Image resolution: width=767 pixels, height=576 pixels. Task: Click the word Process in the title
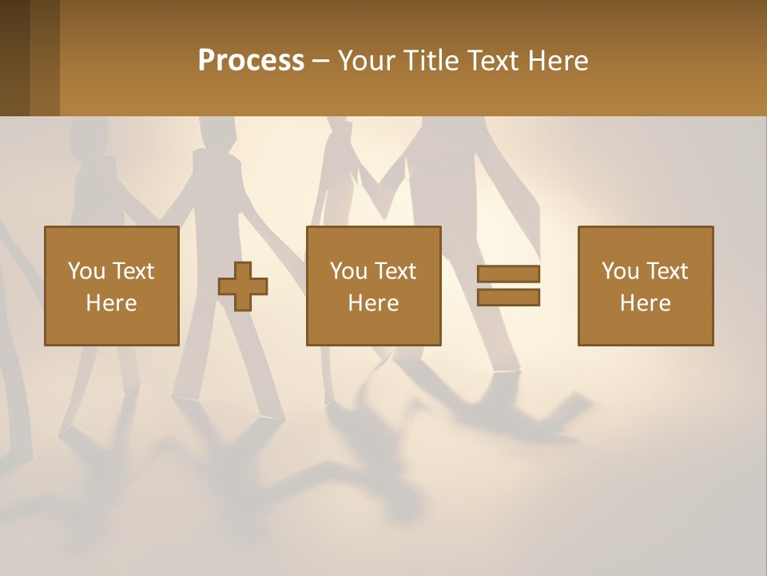coord(251,61)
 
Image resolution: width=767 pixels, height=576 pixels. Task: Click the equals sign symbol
coord(508,286)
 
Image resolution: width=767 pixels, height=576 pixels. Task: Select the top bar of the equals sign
coord(508,274)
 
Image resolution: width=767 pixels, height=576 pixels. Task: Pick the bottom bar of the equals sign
coord(508,298)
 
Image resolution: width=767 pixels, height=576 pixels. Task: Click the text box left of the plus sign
coord(111,286)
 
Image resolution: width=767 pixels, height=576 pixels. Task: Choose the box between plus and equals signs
coord(373,286)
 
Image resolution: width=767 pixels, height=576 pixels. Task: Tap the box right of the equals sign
coord(645,286)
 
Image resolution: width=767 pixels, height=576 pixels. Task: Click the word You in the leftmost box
coord(85,271)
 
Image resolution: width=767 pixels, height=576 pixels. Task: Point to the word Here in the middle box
coord(373,303)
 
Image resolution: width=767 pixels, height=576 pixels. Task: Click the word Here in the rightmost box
coord(645,303)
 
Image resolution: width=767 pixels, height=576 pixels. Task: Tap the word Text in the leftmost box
coord(133,271)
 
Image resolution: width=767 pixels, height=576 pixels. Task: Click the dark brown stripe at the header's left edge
coord(14,58)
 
